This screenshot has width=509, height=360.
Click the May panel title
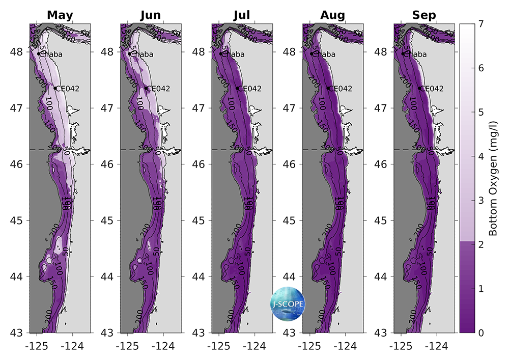pyautogui.click(x=60, y=15)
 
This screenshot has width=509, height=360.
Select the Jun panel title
pyautogui.click(x=150, y=15)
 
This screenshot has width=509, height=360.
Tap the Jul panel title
pyautogui.click(x=242, y=15)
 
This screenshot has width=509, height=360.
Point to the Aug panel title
pyautogui.click(x=333, y=15)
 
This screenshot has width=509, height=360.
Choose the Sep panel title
pyautogui.click(x=424, y=15)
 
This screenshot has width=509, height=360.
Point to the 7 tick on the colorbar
pyautogui.click(x=481, y=24)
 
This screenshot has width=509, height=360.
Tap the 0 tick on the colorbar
pyautogui.click(x=481, y=333)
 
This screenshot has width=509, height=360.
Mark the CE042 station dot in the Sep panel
pyautogui.click(x=419, y=88)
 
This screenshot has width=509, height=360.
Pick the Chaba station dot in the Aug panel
pyautogui.click(x=312, y=53)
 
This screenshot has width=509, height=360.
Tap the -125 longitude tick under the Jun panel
pyautogui.click(x=127, y=345)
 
